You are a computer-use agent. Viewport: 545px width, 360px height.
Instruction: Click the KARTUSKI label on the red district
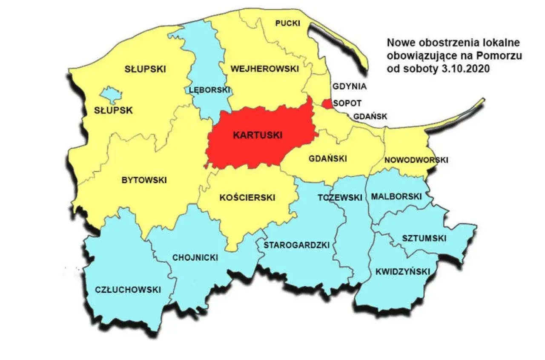tap(258, 135)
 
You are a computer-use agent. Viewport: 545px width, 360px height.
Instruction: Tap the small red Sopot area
tap(327, 104)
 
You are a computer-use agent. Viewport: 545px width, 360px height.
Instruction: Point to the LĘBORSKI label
tap(209, 90)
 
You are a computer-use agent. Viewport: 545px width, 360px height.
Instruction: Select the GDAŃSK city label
tap(370, 116)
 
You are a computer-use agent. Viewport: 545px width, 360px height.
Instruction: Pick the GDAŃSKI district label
tap(327, 158)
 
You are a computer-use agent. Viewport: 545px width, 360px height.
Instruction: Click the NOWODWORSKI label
tap(416, 160)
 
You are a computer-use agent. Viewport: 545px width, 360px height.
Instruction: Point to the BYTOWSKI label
tap(144, 180)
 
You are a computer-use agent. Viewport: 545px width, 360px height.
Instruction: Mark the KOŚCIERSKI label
tap(247, 198)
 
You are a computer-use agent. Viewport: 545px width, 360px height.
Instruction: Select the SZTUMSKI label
tap(424, 238)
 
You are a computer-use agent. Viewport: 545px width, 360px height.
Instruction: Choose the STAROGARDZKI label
tap(297, 245)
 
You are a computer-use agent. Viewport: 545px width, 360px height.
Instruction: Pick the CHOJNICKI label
tap(195, 258)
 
